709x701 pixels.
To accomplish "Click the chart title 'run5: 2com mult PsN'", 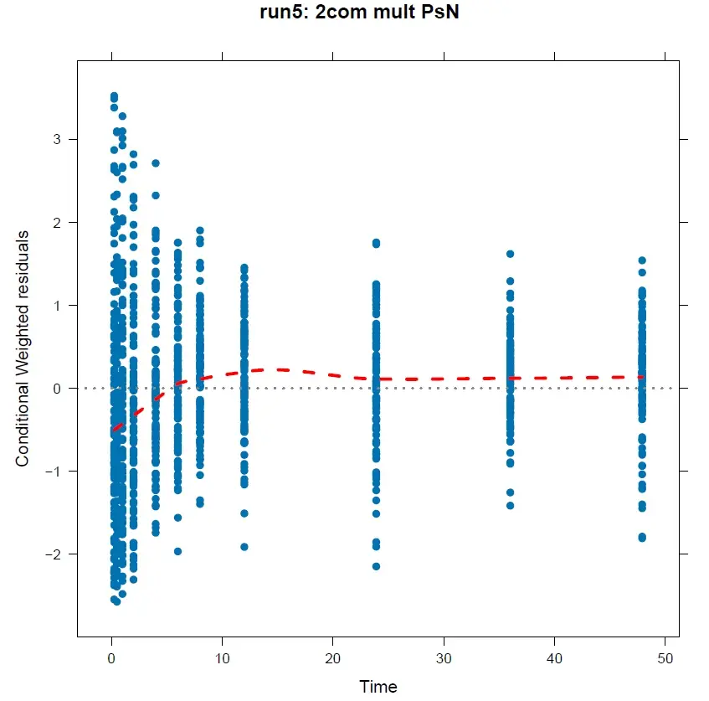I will [354, 14].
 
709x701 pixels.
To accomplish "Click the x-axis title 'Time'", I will [378, 687].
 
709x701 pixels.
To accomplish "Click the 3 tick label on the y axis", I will [57, 139].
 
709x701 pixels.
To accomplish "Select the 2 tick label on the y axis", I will [57, 222].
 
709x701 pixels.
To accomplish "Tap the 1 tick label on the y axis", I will [57, 305].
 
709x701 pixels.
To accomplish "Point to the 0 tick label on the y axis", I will [57, 388].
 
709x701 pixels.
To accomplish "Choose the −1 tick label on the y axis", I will [53, 471].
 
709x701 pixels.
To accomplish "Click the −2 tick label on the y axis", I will [53, 554].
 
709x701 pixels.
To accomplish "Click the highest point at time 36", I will [510, 254].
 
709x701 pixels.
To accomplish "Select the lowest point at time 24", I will [376, 567].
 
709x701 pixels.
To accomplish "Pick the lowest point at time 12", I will [244, 547].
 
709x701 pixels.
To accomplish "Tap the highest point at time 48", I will [642, 260].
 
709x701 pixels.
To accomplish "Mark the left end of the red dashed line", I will [113, 430].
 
